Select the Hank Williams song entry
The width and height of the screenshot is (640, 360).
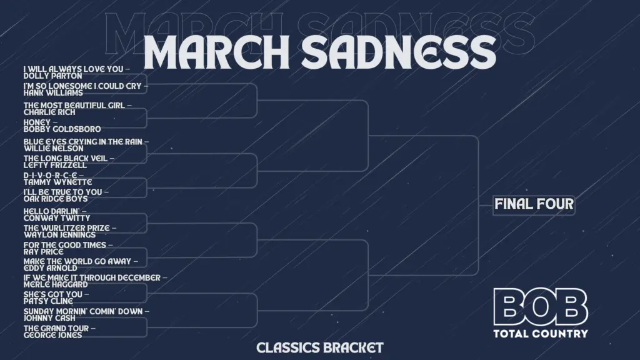82,89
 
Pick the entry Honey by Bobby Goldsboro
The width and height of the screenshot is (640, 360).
62,126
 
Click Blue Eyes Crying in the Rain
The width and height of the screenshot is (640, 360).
85,145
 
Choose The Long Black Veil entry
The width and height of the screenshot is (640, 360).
68,162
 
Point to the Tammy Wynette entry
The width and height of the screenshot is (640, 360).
57,178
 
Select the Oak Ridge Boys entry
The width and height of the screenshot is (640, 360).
66,195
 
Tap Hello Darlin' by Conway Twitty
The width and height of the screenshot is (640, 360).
56,214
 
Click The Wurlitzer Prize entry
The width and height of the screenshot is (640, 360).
69,231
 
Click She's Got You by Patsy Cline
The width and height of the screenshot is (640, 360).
56,297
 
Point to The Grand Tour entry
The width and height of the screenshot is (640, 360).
59,331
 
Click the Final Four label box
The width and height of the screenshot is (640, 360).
534,204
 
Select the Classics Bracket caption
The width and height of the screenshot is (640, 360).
319,347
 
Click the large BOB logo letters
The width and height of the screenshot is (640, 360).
540,307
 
